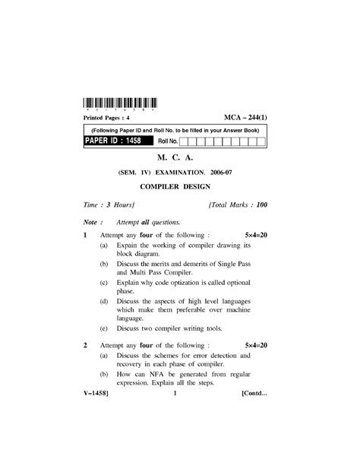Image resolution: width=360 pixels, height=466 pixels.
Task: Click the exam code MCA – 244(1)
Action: (245, 119)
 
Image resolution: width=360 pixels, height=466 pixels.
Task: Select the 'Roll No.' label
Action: (168, 141)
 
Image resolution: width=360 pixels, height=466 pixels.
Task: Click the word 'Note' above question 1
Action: (91, 223)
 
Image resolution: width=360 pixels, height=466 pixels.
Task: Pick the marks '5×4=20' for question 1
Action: (257, 236)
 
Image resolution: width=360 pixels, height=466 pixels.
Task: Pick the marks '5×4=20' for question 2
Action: (257, 345)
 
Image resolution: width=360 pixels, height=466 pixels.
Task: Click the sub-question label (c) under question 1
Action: (103, 282)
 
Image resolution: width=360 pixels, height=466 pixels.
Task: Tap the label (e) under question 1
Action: (103, 328)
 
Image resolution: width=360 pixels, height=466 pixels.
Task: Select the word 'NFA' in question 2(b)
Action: (156, 374)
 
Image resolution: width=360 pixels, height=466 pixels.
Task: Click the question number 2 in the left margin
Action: (86, 345)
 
